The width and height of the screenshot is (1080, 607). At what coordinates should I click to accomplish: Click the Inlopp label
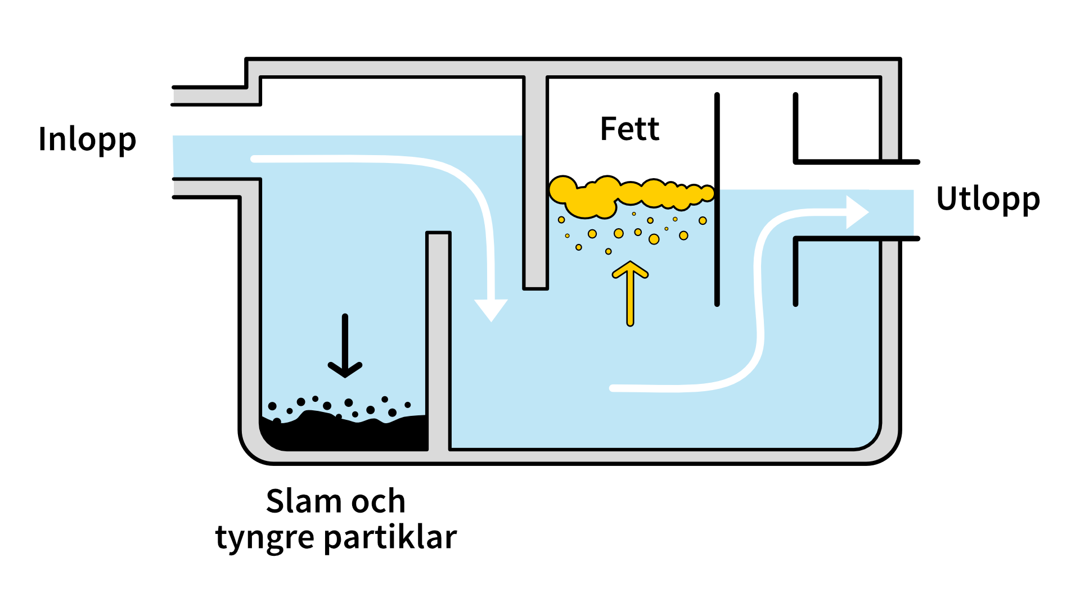tap(87, 139)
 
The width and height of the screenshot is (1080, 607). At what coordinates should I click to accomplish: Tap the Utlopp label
tap(988, 199)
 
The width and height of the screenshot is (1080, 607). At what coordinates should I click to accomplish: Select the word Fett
tap(629, 129)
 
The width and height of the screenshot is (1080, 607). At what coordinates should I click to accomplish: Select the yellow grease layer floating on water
tap(630, 193)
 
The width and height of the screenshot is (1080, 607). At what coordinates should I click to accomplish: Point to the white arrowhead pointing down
tap(491, 309)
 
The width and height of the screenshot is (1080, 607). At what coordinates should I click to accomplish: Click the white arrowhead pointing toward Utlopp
tap(857, 212)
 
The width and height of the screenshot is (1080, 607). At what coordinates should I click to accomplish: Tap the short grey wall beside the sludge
tap(438, 337)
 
